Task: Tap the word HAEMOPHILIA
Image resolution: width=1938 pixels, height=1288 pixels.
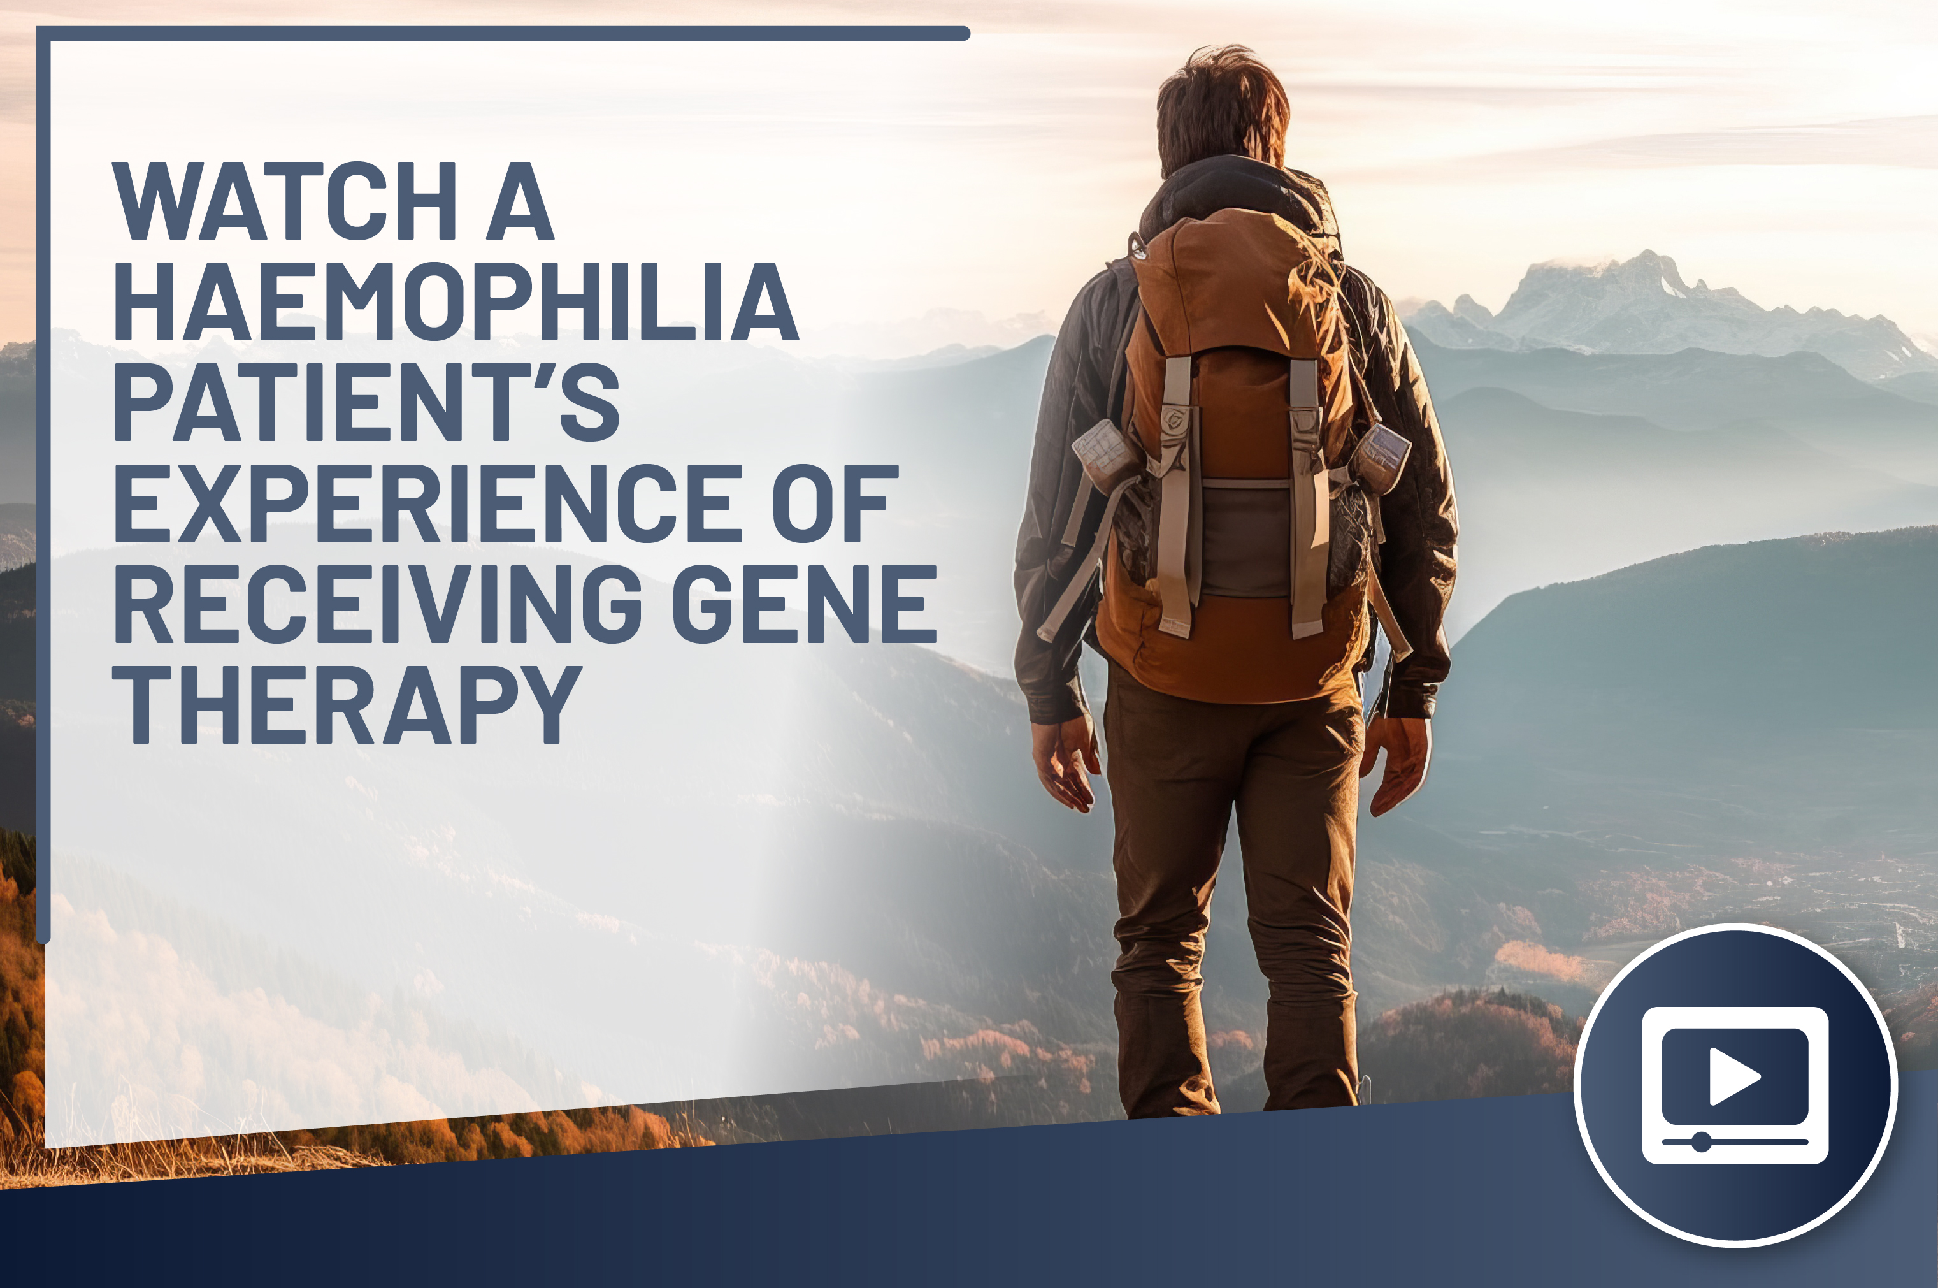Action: pyautogui.click(x=456, y=301)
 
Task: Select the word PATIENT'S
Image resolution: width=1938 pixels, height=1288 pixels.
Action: pyautogui.click(x=366, y=402)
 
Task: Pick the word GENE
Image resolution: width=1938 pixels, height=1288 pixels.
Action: pyautogui.click(x=805, y=604)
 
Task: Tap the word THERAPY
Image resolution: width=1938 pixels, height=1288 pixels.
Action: pyautogui.click(x=347, y=704)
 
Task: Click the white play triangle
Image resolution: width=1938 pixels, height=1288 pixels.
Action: pyautogui.click(x=1733, y=1075)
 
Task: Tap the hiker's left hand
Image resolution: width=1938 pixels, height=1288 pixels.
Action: pyautogui.click(x=1066, y=762)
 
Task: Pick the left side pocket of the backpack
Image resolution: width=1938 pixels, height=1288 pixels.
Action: pyautogui.click(x=1105, y=455)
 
